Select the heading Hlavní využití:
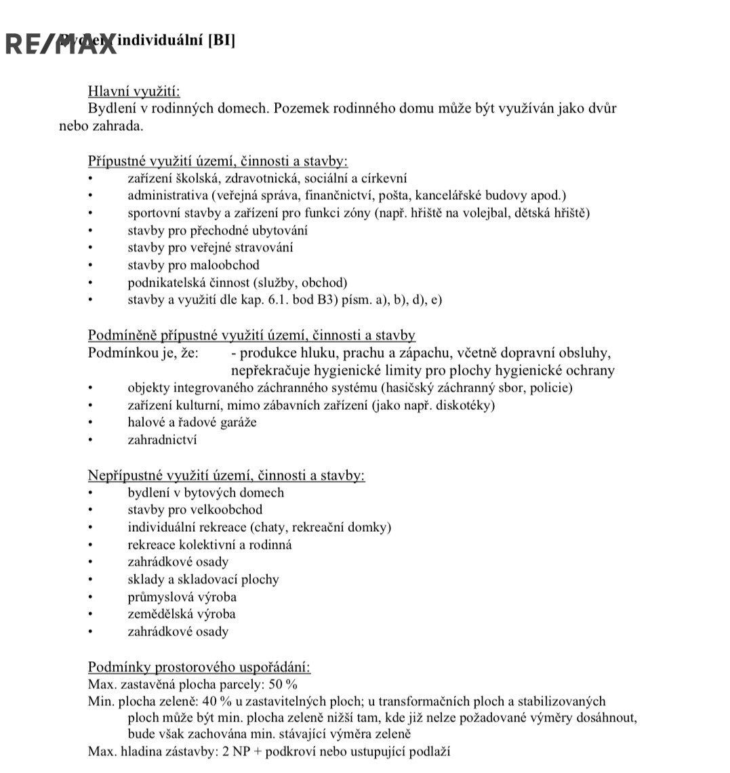point(134,91)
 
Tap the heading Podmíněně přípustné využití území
point(251,335)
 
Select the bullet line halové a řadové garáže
point(192,423)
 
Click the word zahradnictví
point(162,440)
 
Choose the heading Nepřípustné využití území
point(226,476)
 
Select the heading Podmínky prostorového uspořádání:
point(199,667)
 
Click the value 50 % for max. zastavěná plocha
point(283,684)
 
